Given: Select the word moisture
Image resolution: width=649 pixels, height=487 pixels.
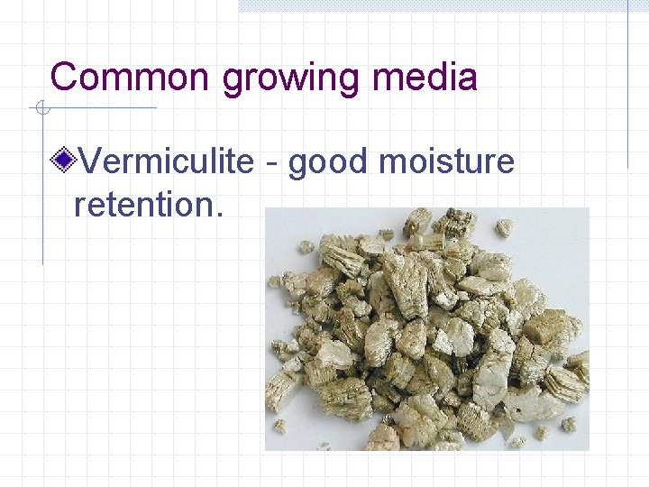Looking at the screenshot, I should [x=447, y=162].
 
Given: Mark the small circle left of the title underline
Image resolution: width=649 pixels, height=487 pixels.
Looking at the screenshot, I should [x=41, y=109].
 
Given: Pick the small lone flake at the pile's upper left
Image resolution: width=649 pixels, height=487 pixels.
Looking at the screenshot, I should [x=307, y=245].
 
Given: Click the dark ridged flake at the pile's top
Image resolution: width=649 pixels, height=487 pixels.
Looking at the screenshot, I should [x=458, y=221].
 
